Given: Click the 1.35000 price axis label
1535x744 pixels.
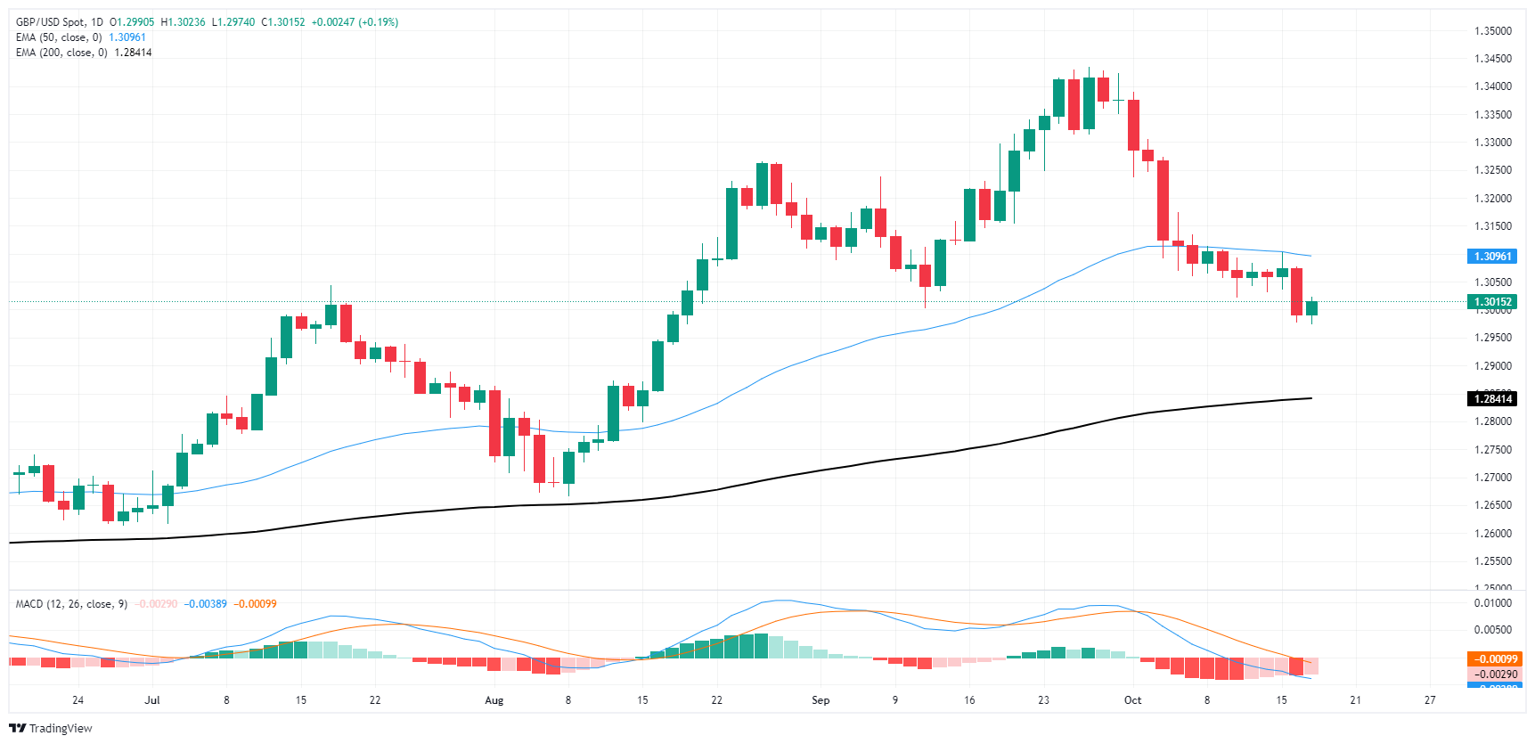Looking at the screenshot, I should pyautogui.click(x=1492, y=31).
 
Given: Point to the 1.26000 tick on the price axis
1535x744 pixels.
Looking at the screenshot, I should pyautogui.click(x=1492, y=534).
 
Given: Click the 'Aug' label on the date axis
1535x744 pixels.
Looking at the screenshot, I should pyautogui.click(x=494, y=700).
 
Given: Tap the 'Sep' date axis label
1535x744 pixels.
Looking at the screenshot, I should pyautogui.click(x=821, y=700).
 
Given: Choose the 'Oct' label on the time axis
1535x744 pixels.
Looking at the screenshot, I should pyautogui.click(x=1132, y=700).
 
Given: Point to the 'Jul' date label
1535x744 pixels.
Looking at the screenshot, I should pyautogui.click(x=152, y=700).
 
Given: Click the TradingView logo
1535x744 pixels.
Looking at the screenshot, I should pyautogui.click(x=51, y=728).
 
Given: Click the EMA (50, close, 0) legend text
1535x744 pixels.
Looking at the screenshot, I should pyautogui.click(x=59, y=37).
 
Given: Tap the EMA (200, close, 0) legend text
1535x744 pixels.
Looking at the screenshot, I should pyautogui.click(x=61, y=53).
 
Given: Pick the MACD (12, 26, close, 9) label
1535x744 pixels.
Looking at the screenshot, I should pyautogui.click(x=71, y=604).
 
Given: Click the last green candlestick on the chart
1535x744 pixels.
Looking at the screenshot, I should pyautogui.click(x=1311, y=308).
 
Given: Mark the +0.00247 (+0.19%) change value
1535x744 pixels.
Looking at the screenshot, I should pyautogui.click(x=355, y=22).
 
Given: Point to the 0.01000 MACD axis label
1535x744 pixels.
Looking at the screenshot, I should pyautogui.click(x=1492, y=603).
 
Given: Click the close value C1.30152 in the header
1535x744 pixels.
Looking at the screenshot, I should pyautogui.click(x=282, y=22).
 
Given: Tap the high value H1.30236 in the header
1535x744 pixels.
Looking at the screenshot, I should pyautogui.click(x=183, y=22).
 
